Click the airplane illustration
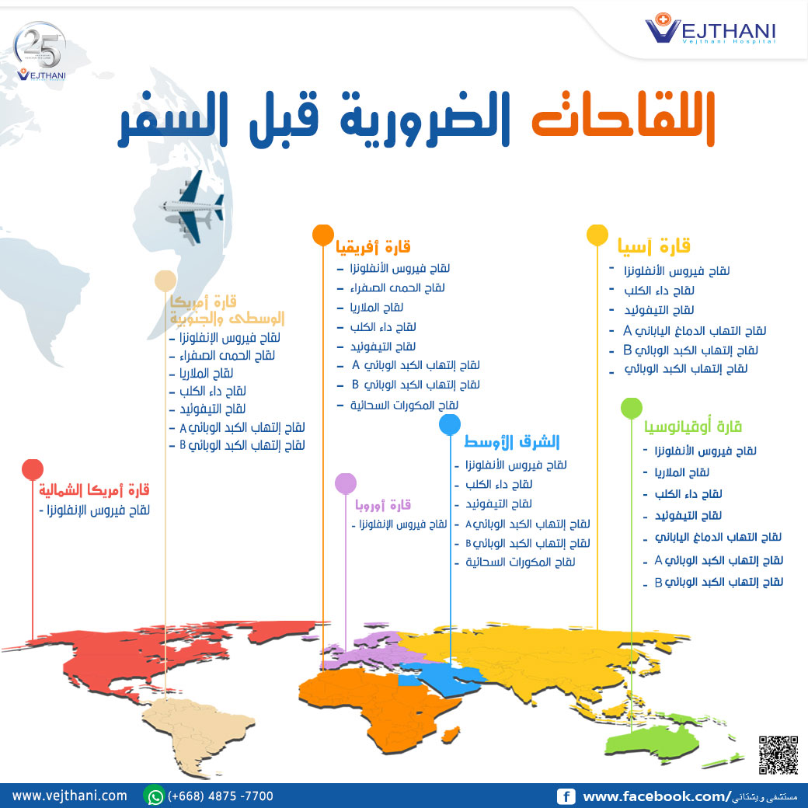click(191, 206)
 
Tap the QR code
click(778, 754)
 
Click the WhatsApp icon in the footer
click(155, 796)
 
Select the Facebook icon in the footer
click(566, 796)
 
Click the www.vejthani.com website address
click(70, 796)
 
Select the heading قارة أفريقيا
click(373, 249)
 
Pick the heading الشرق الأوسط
click(512, 442)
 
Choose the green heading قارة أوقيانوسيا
click(693, 427)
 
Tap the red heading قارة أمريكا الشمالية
click(94, 490)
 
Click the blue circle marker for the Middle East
click(450, 424)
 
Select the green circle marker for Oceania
click(632, 408)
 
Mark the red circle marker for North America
click(32, 469)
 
